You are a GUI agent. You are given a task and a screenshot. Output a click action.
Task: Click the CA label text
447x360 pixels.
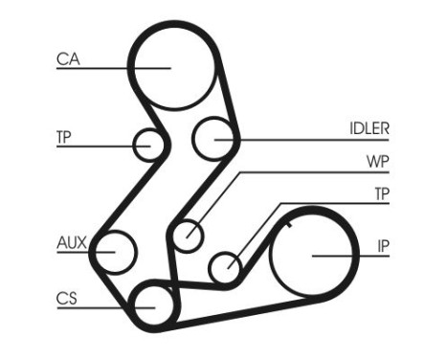click(68, 59)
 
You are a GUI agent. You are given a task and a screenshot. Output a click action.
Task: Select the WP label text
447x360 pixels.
click(375, 163)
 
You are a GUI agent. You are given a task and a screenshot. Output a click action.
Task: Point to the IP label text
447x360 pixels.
click(382, 247)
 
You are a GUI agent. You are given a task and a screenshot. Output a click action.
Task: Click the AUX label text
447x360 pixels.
click(70, 243)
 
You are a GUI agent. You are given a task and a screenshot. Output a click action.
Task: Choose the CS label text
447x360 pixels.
click(66, 298)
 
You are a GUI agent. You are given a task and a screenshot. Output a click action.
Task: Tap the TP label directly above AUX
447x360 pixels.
click(64, 137)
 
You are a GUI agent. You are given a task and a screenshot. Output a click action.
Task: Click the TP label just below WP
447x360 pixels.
click(381, 194)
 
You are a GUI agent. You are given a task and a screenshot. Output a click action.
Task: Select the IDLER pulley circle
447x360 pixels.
click(214, 140)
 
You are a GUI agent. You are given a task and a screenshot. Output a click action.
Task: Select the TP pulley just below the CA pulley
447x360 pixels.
click(150, 146)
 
